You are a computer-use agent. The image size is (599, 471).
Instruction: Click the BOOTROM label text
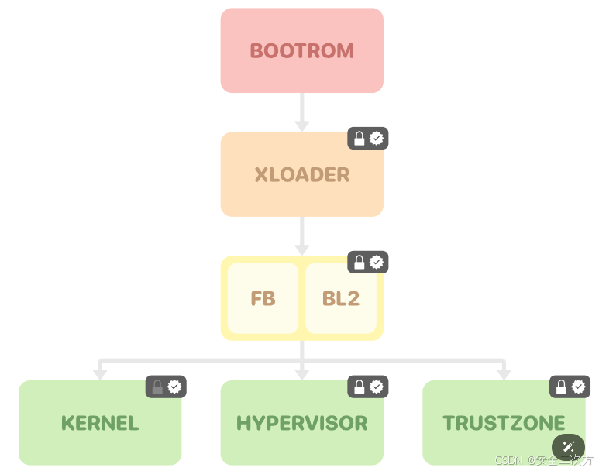click(x=301, y=51)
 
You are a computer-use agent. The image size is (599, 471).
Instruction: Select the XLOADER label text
click(x=301, y=175)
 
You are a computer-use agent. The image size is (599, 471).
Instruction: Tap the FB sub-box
click(x=263, y=298)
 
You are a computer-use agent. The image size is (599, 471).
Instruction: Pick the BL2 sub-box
click(x=341, y=298)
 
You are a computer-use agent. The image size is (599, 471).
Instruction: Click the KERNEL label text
click(x=100, y=423)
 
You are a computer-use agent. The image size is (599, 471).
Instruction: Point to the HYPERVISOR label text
click(x=301, y=423)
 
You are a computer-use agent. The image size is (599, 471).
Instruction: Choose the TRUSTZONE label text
click(x=504, y=423)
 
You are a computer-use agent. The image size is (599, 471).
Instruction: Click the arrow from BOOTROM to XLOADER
click(x=302, y=112)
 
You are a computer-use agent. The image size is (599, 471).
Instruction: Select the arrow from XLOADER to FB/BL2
click(x=302, y=235)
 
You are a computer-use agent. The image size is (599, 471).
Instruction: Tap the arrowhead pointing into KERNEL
click(x=100, y=373)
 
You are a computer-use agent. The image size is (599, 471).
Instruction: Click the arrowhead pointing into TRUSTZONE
click(x=504, y=373)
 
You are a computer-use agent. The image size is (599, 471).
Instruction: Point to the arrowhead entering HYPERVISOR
click(x=302, y=373)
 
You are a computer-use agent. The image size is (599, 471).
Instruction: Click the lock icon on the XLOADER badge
click(x=360, y=139)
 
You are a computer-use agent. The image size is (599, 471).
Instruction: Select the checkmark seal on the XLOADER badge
click(x=377, y=139)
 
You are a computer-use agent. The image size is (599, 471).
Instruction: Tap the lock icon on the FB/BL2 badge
click(x=360, y=263)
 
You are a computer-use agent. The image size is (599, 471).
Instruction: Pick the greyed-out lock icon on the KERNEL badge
click(x=157, y=387)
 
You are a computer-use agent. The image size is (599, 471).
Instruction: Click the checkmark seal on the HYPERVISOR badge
click(x=377, y=387)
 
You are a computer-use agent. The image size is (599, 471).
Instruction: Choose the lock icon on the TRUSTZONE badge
click(x=561, y=387)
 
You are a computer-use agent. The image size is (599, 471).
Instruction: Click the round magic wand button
click(x=568, y=447)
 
